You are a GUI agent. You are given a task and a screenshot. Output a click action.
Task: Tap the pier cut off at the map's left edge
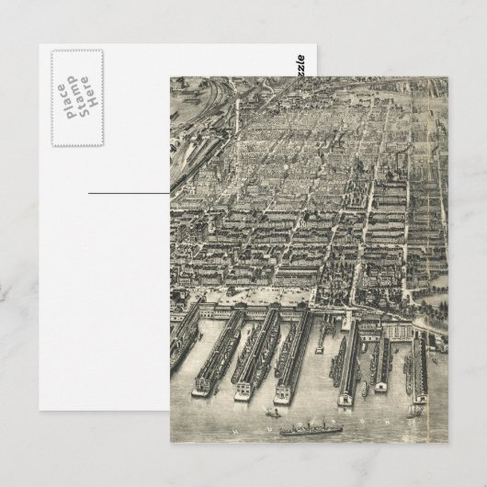(x=183, y=340)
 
